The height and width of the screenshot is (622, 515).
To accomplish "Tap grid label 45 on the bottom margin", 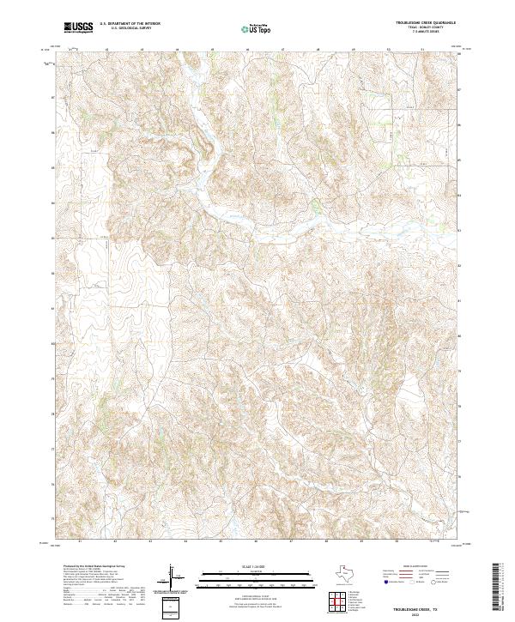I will point(221,541).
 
